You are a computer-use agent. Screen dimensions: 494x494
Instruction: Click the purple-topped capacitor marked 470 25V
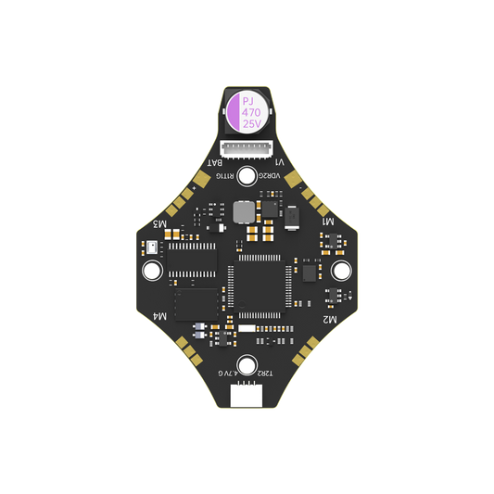click(x=247, y=109)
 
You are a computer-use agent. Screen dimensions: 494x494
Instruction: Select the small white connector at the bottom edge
click(x=247, y=396)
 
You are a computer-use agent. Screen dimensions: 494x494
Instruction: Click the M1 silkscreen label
click(x=326, y=223)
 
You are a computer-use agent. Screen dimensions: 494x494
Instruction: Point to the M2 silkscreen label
click(x=328, y=318)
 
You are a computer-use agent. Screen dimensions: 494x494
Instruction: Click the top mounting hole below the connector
click(x=247, y=177)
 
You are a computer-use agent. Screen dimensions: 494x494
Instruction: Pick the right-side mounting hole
click(x=341, y=270)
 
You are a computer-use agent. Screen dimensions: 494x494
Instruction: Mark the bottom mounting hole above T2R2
click(x=247, y=363)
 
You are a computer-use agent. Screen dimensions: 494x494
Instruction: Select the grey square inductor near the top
click(x=243, y=214)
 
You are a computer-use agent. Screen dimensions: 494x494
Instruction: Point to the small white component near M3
click(x=152, y=248)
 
